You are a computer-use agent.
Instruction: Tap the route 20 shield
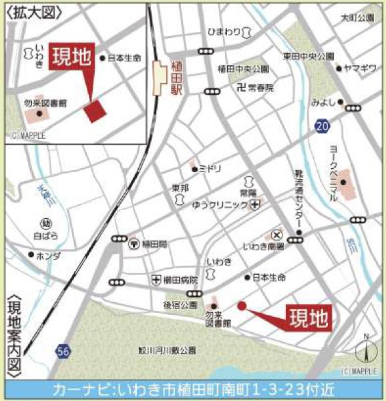click(323, 125)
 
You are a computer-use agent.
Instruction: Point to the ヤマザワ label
click(361, 68)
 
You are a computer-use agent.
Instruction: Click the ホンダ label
click(48, 256)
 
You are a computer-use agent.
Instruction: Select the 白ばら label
click(46, 236)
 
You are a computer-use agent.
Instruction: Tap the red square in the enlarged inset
click(95, 110)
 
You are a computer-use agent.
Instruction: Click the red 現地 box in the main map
click(309, 318)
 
